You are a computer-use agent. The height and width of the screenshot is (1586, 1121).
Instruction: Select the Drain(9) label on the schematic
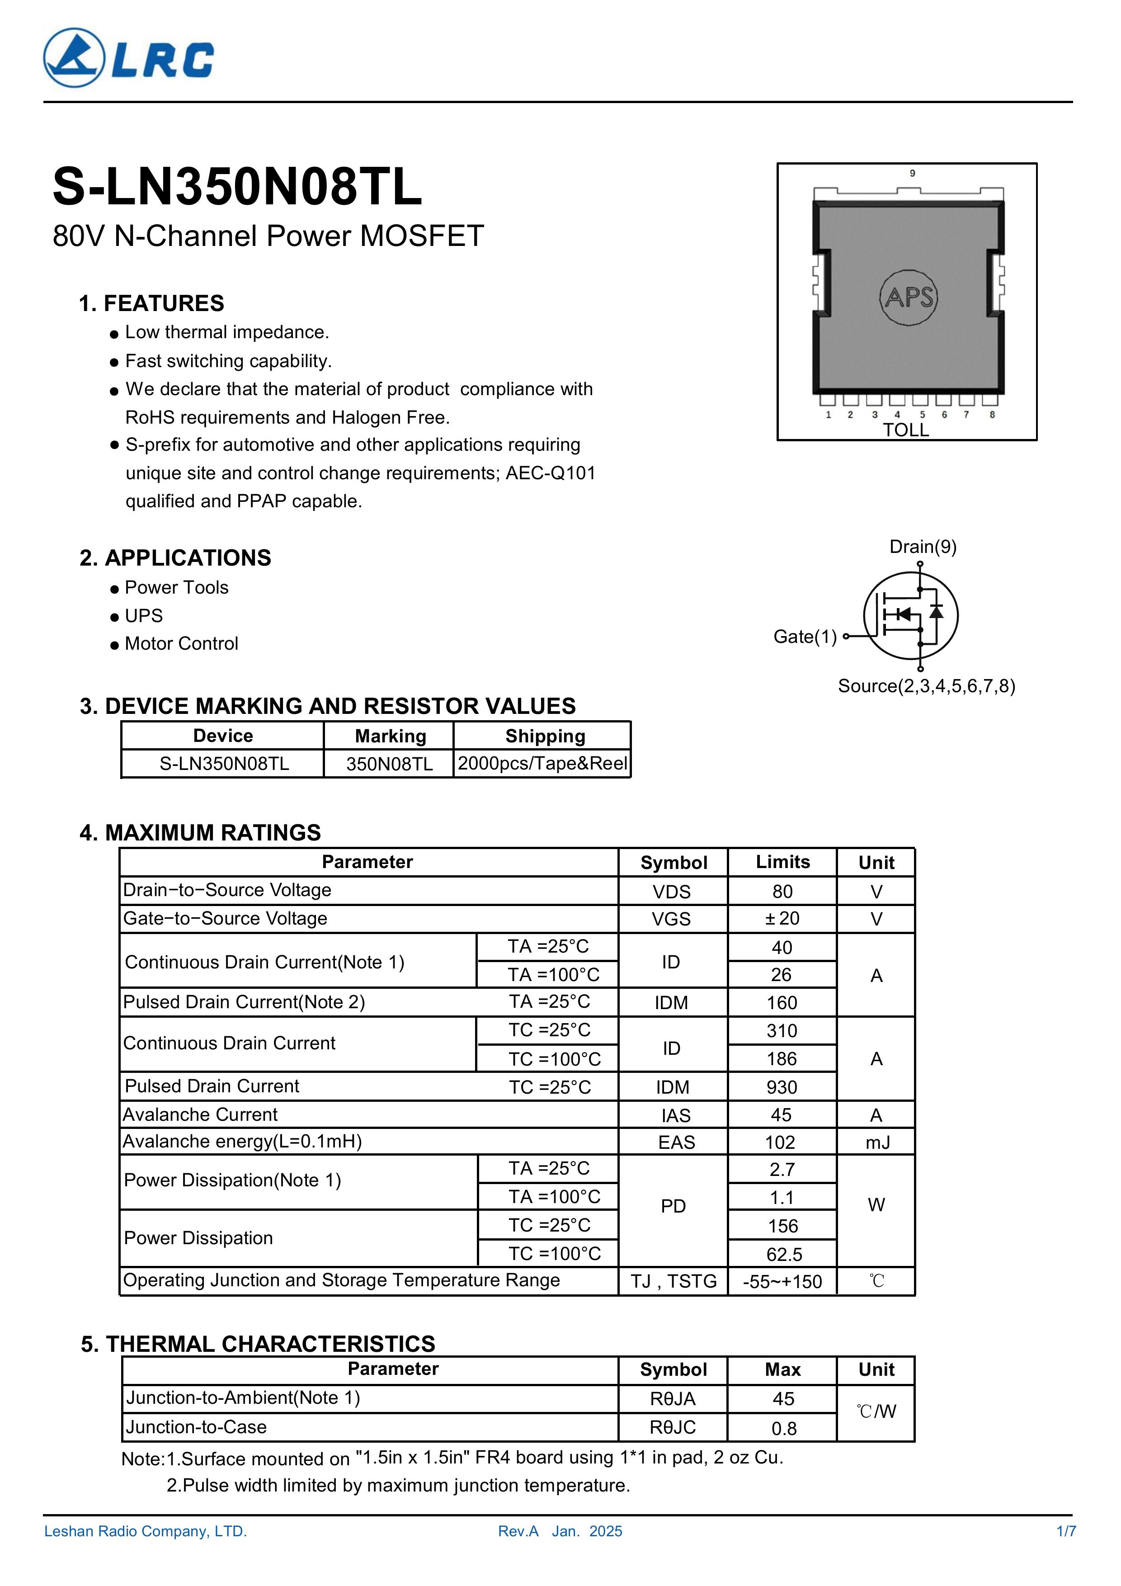(x=923, y=547)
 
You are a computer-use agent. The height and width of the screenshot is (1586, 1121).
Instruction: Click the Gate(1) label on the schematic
(x=805, y=637)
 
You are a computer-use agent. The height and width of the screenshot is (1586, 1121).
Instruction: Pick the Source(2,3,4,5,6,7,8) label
(x=926, y=686)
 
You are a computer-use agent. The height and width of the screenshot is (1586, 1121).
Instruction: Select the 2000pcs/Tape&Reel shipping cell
(x=542, y=764)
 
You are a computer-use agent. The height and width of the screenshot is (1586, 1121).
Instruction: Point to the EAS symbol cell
(x=675, y=1142)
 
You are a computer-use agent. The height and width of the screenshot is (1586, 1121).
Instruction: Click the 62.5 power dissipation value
(x=784, y=1255)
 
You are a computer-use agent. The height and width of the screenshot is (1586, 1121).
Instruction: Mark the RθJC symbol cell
(x=673, y=1427)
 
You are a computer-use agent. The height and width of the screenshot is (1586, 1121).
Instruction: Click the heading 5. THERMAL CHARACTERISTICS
(x=258, y=1344)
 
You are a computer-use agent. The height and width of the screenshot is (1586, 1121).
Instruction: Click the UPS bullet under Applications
(x=144, y=615)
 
